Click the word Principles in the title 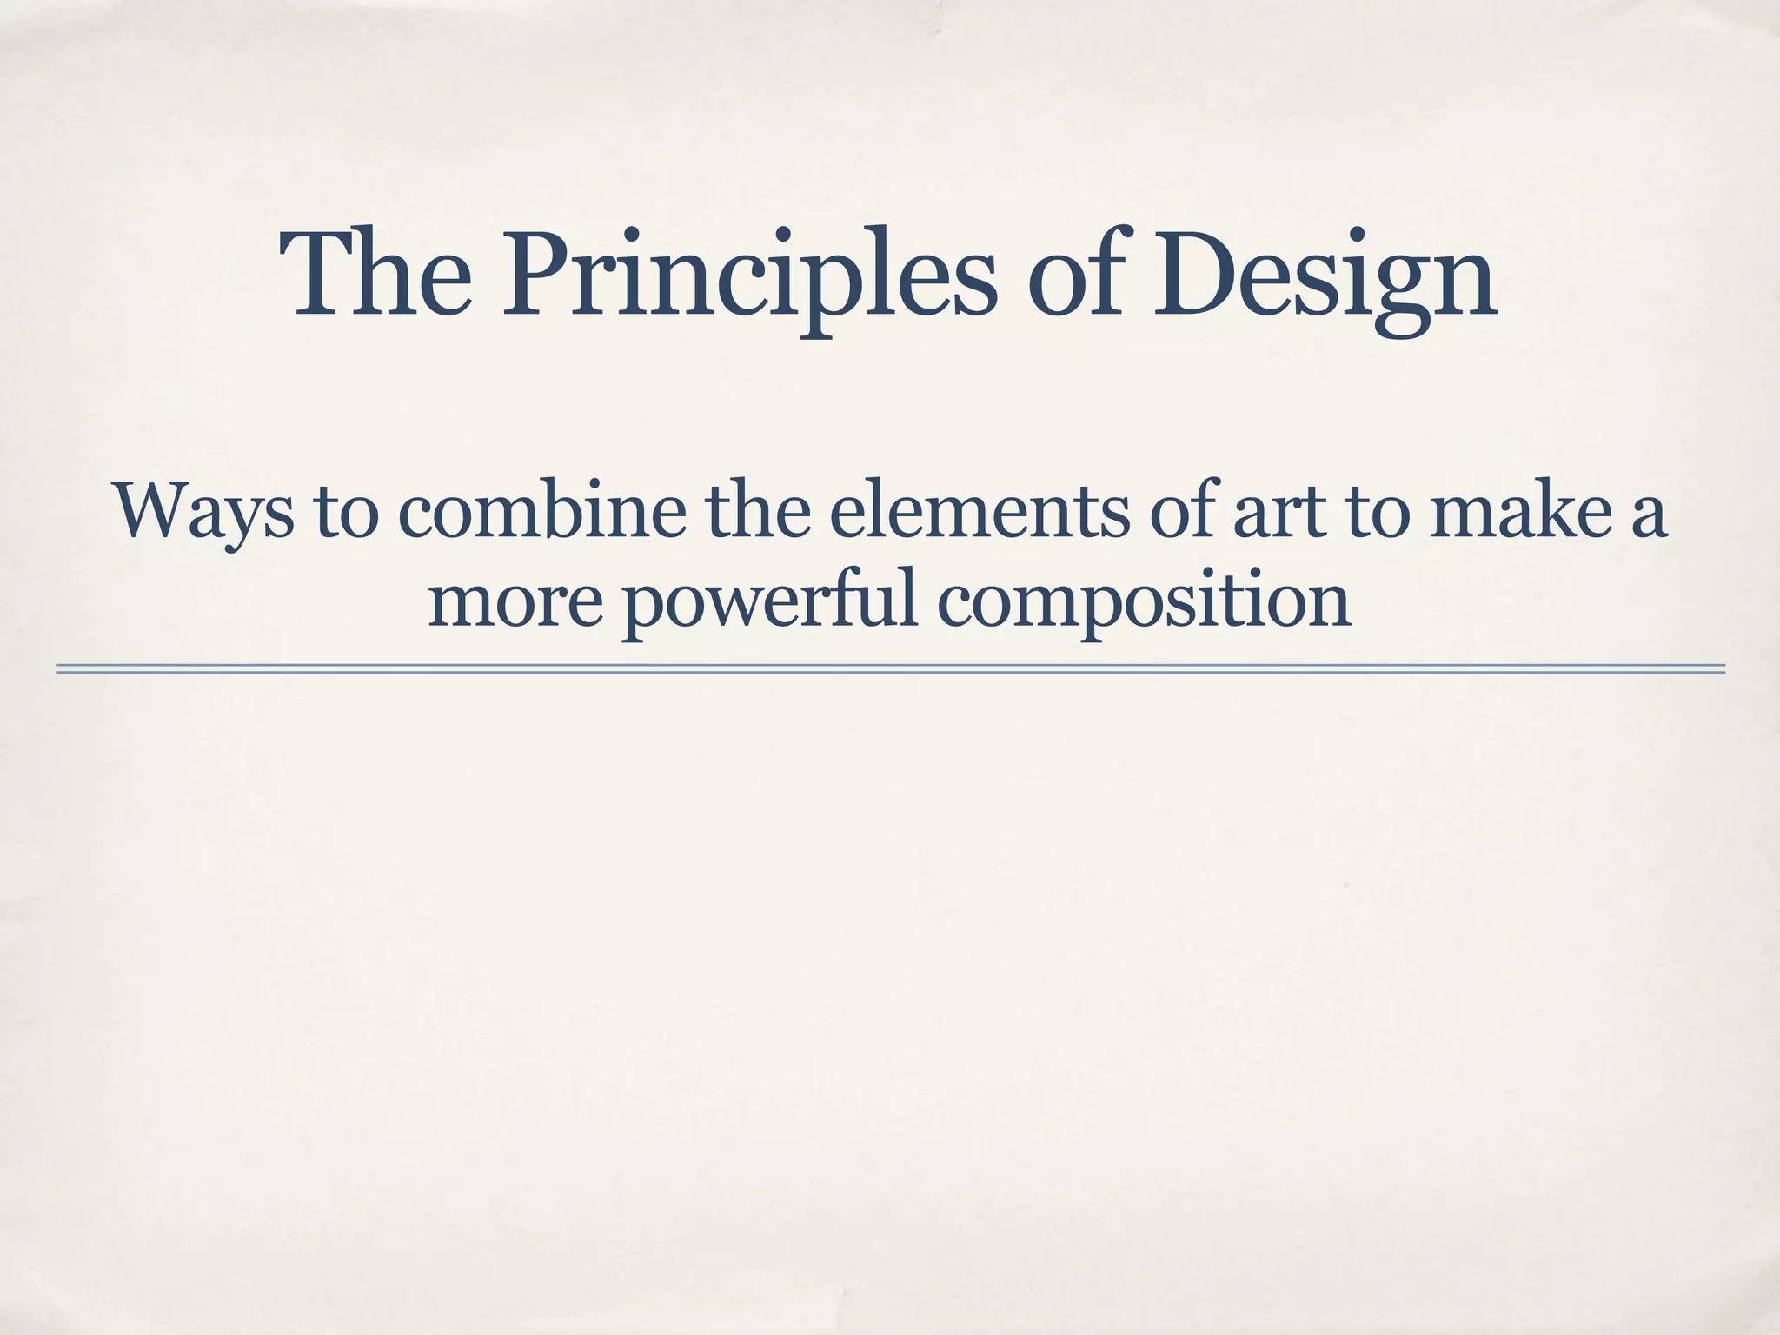(x=747, y=276)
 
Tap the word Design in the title (x=1325, y=276)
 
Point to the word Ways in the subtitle (x=203, y=513)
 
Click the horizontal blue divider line (x=890, y=668)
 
